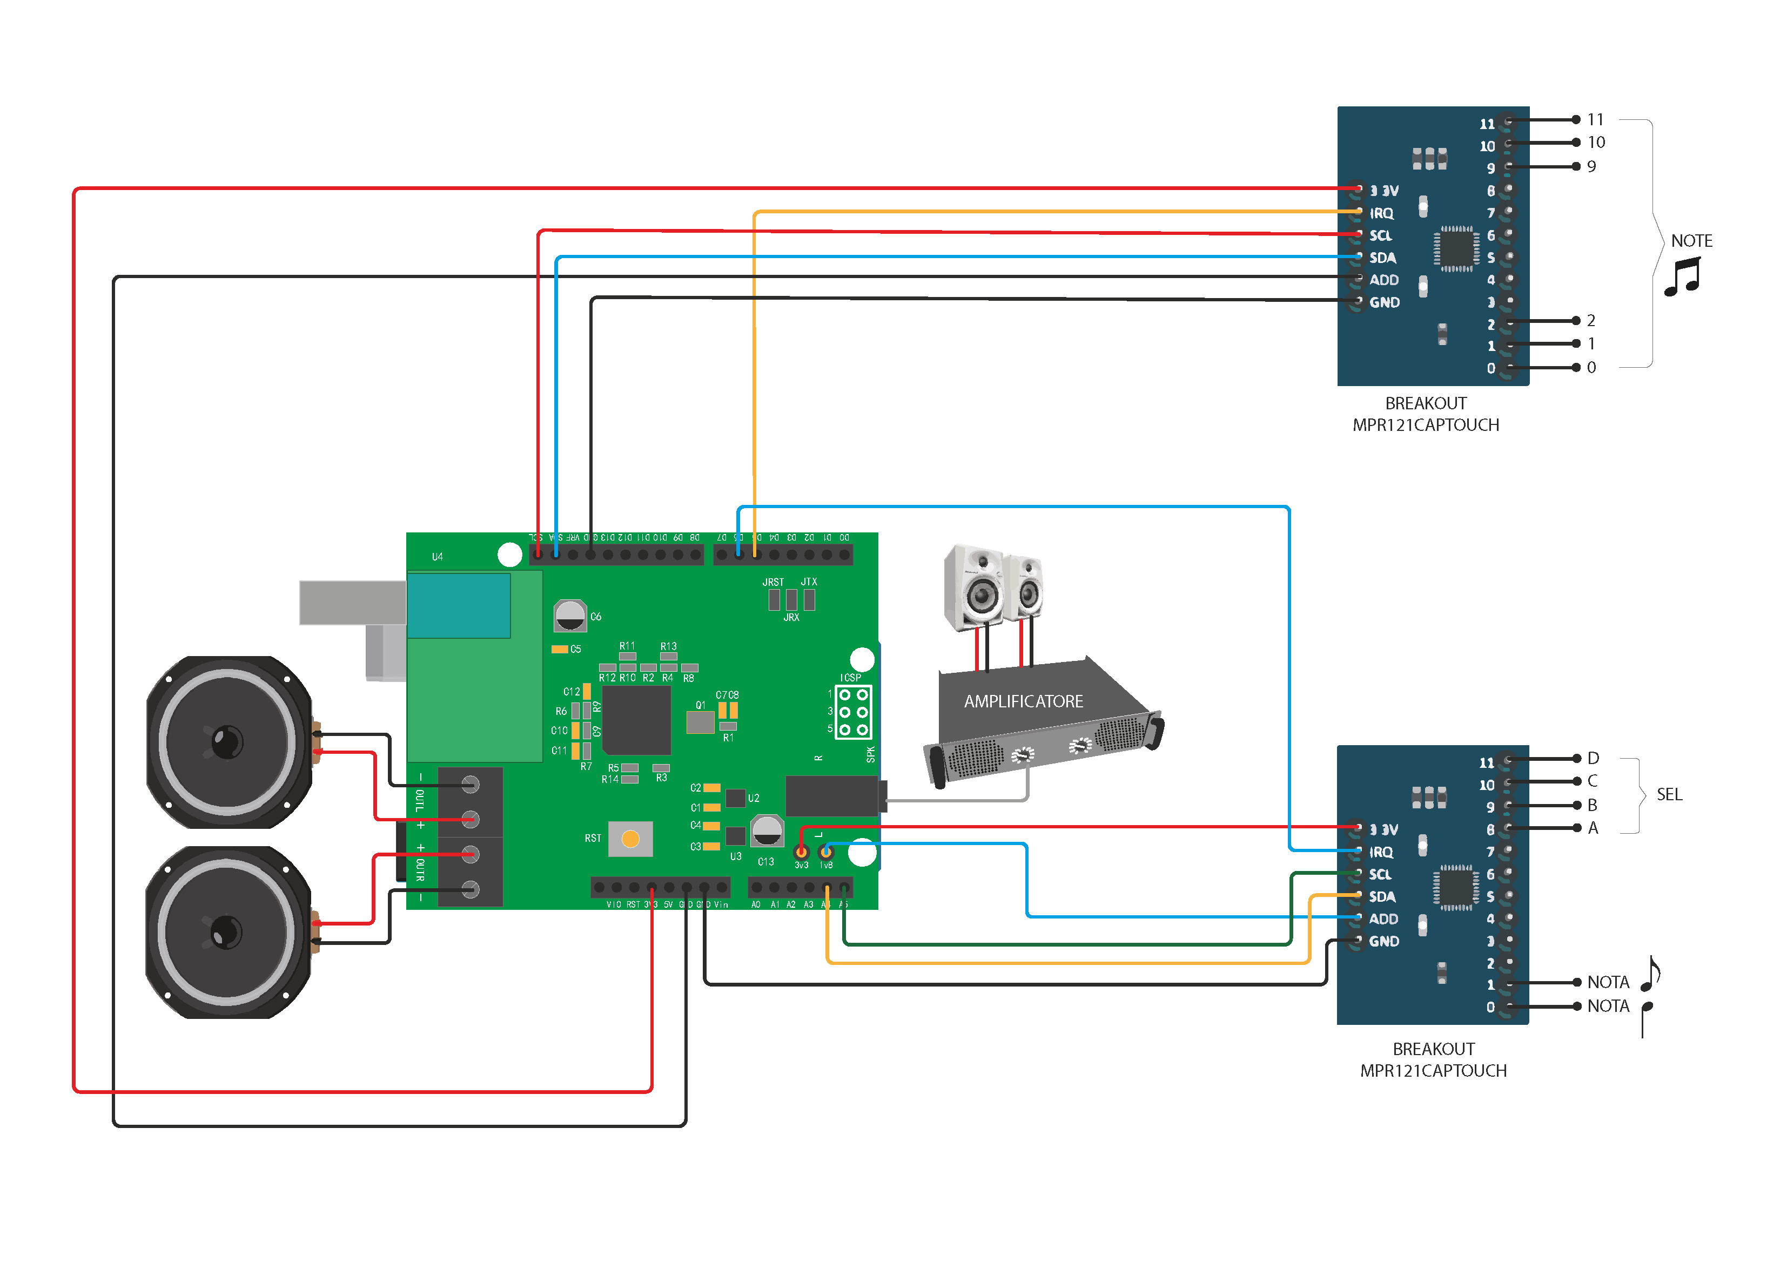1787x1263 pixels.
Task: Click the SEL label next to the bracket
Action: [x=1669, y=794]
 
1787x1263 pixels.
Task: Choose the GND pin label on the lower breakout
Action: [x=1384, y=942]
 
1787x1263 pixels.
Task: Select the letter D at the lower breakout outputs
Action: [x=1593, y=758]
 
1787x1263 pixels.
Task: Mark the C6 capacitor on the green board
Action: [x=570, y=616]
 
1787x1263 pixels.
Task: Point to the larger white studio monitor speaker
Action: [x=973, y=589]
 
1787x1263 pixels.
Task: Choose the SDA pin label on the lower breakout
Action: [x=1382, y=896]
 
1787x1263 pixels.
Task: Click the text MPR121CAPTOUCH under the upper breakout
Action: [x=1425, y=425]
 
